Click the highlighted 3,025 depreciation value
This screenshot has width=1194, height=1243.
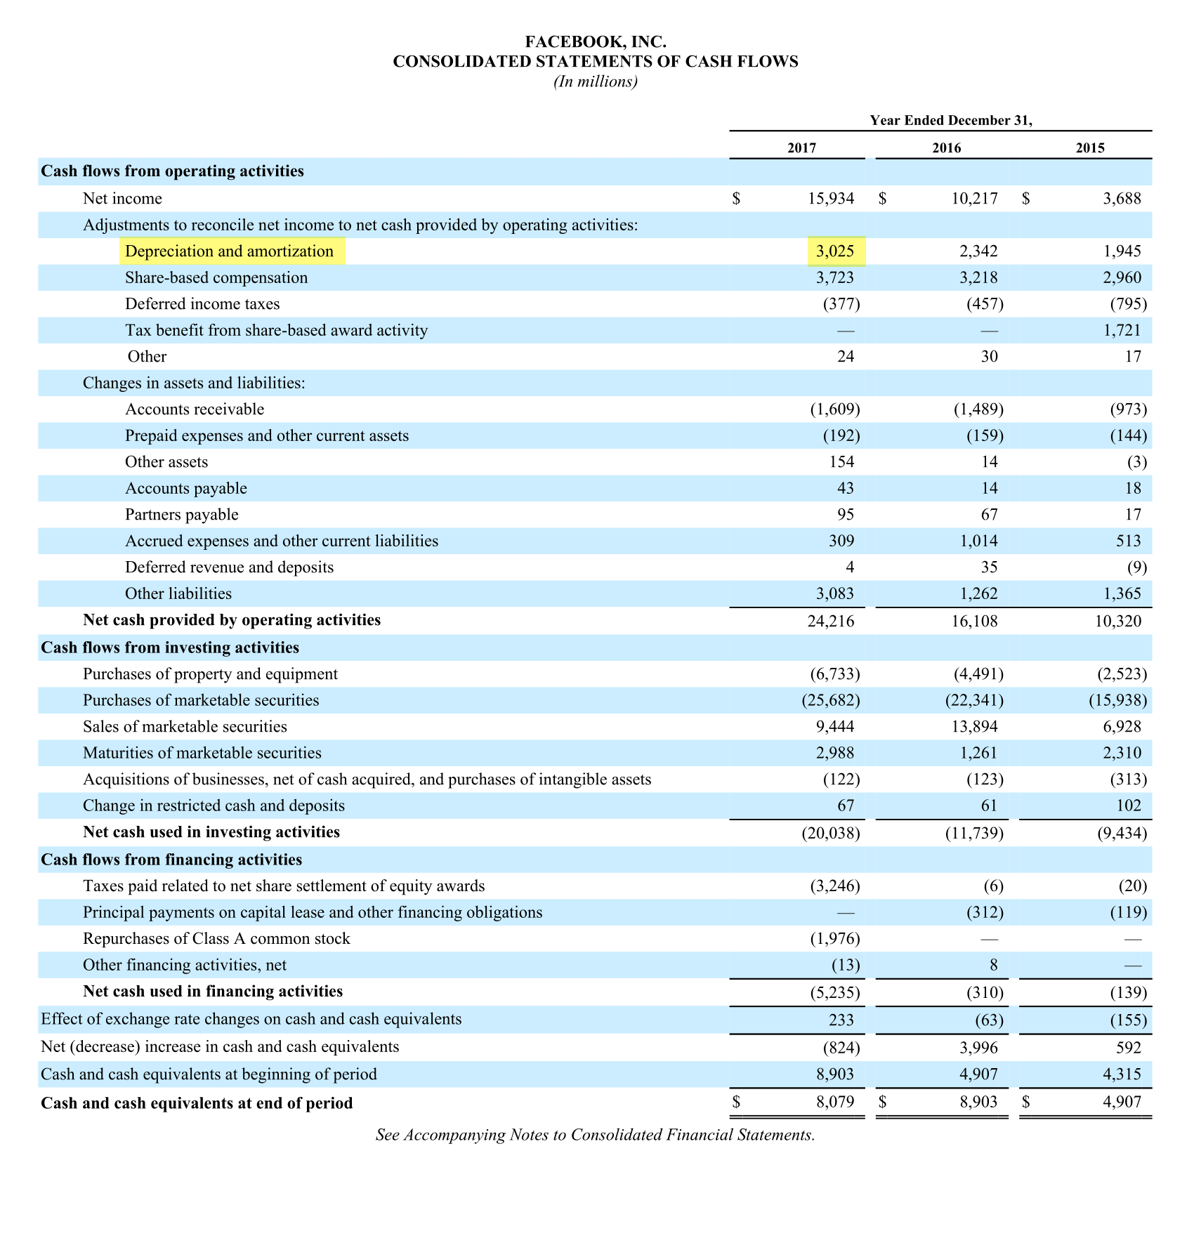(x=836, y=251)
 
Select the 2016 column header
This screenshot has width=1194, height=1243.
(x=946, y=147)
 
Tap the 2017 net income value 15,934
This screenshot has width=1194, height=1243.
(x=830, y=199)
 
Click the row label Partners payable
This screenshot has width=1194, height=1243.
(x=181, y=515)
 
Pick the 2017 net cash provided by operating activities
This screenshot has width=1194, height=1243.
(x=831, y=621)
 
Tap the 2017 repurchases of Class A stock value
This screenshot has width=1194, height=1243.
(x=834, y=939)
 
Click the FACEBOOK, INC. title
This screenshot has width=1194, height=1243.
(x=596, y=43)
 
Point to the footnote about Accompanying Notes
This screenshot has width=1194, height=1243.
(x=595, y=1135)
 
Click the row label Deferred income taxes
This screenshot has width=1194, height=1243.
(x=202, y=304)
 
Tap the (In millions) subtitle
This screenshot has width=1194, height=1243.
(x=596, y=82)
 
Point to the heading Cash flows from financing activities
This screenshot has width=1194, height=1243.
(x=171, y=860)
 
